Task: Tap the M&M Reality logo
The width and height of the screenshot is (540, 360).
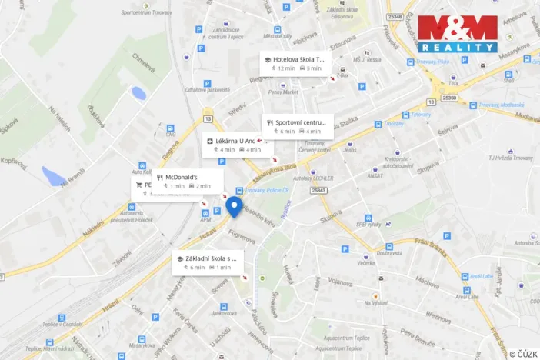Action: coord(457,34)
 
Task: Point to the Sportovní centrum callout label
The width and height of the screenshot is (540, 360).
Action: coord(302,122)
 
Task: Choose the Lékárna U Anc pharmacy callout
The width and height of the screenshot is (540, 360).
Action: coord(235,141)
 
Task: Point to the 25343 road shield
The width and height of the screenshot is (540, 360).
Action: coord(319,190)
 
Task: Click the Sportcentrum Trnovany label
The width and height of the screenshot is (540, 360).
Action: coord(146,12)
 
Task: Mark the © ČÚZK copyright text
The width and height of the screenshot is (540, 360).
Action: coord(522,354)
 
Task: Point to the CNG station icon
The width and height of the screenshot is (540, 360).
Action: coord(170,128)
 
